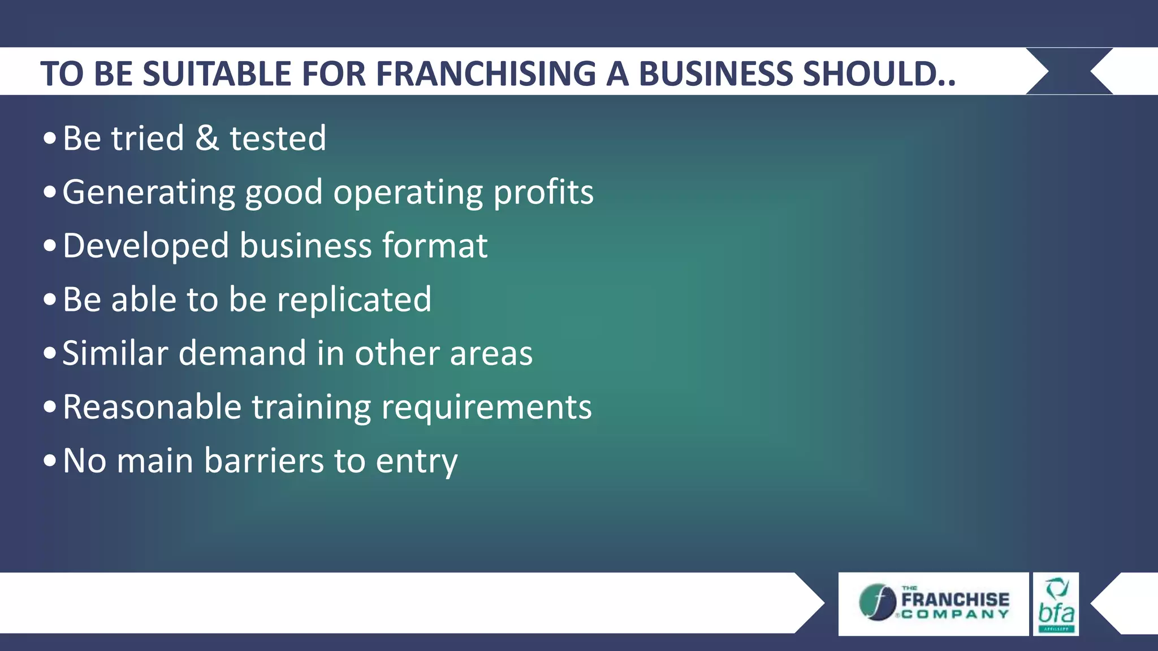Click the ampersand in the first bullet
click(x=207, y=138)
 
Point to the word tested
click(x=278, y=138)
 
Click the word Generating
click(x=149, y=193)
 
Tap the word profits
click(x=543, y=193)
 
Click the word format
click(x=435, y=246)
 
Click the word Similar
click(x=115, y=354)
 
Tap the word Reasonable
click(x=152, y=407)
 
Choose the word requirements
click(x=486, y=407)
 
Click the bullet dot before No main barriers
click(x=50, y=461)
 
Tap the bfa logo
click(x=1056, y=605)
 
